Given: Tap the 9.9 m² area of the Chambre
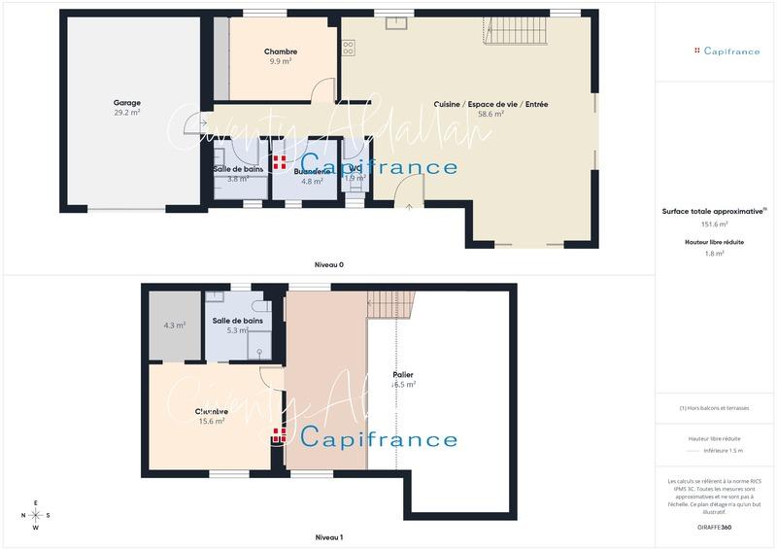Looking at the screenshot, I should click(x=281, y=60).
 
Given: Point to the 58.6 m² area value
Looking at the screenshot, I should click(x=490, y=114).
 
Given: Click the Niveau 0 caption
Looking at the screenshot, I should click(x=329, y=265).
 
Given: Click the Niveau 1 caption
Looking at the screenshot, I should click(x=329, y=537).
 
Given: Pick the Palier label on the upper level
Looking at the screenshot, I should click(x=404, y=373).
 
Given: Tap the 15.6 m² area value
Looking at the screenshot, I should click(x=212, y=421).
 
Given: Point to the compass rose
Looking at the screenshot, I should click(x=36, y=515).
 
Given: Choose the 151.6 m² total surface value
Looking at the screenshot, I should click(x=715, y=223).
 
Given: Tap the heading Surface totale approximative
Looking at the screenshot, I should click(x=713, y=211).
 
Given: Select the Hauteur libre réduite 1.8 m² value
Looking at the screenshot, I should click(x=715, y=254).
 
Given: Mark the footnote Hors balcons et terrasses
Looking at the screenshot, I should click(x=714, y=408).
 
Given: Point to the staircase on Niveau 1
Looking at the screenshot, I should click(x=391, y=306).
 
